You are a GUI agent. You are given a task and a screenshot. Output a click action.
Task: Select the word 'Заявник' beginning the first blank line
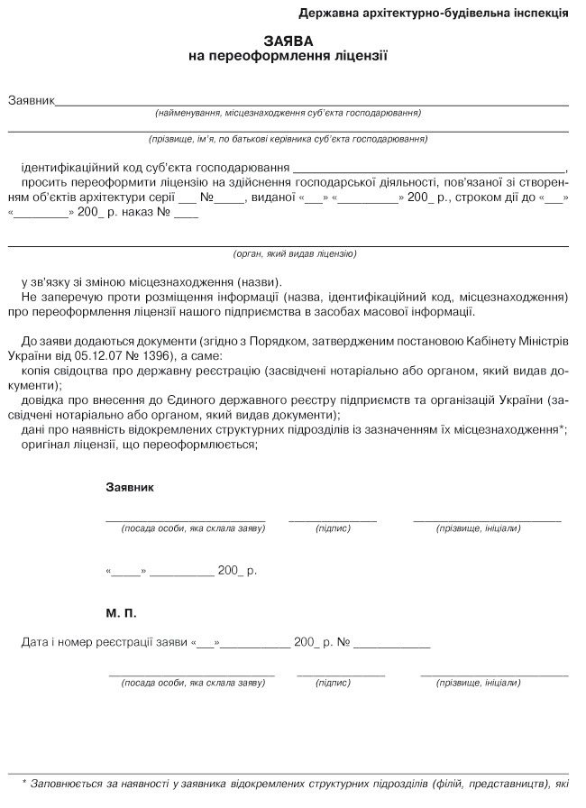coord(31,100)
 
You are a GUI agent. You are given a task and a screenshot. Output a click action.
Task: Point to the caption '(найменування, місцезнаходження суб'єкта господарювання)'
coord(288,114)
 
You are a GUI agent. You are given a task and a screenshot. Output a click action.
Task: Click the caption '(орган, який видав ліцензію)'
coord(294,254)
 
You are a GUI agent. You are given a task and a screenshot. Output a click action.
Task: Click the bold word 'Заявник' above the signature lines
coord(130,487)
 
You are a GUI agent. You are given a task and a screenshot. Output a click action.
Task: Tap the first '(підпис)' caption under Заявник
coord(333,528)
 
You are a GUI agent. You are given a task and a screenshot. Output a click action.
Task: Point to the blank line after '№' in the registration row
coord(392,644)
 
